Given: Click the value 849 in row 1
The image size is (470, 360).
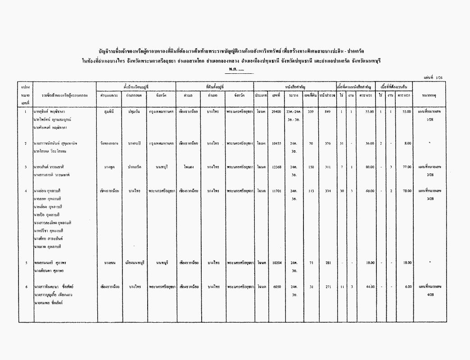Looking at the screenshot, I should tap(327, 111).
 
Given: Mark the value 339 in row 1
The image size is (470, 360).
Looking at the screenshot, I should tap(311, 111).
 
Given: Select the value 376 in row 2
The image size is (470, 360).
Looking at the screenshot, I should tap(327, 143).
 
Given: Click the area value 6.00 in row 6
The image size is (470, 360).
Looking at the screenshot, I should tap(407, 286).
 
